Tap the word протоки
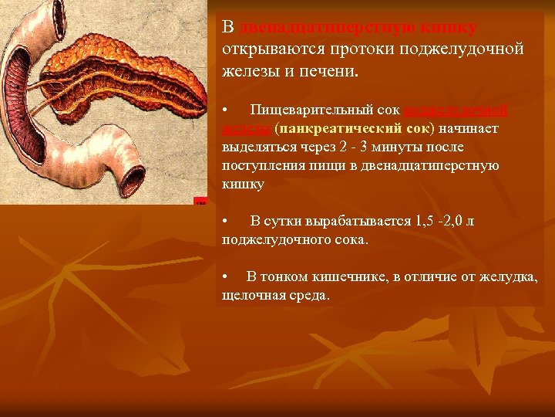coord(360,49)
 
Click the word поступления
coord(261,165)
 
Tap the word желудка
coord(510,276)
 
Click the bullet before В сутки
coord(224,222)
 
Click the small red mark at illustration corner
coord(200,202)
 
